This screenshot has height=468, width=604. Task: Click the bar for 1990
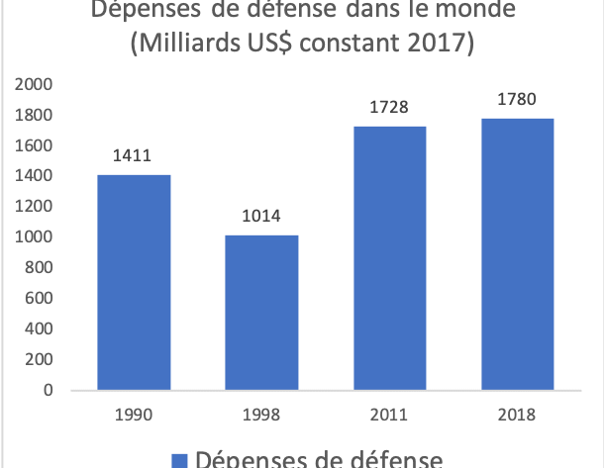134,282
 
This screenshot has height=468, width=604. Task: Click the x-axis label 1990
134,415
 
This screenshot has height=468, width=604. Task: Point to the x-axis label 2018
515,415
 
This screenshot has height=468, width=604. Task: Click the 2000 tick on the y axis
33,85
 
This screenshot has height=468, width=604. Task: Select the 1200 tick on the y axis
33,207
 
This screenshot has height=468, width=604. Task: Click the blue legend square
179,460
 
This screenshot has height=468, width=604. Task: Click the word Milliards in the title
209,45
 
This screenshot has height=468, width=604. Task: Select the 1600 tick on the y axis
33,146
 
